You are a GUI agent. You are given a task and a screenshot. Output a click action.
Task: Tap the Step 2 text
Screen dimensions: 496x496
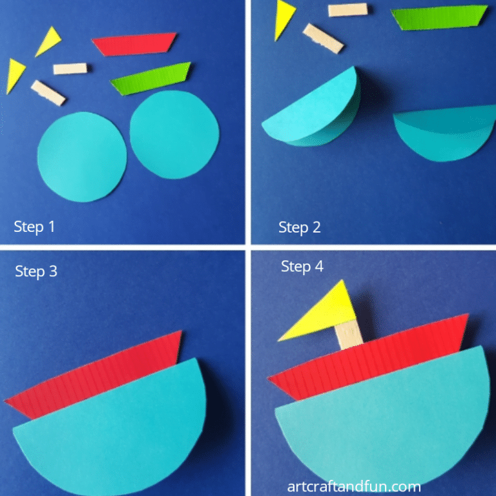(x=300, y=227)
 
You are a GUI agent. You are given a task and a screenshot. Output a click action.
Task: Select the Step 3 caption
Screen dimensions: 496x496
(x=36, y=271)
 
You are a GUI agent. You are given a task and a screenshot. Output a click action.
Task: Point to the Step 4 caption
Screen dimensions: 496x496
(x=302, y=266)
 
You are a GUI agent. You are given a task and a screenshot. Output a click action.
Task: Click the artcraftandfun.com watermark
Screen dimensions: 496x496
(x=354, y=486)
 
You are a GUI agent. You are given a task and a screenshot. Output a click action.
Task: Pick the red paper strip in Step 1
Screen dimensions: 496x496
(x=134, y=44)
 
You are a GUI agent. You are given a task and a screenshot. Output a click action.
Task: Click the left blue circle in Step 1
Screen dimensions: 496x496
(x=81, y=156)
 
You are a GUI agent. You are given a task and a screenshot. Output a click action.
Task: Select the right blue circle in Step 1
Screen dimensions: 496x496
(x=174, y=134)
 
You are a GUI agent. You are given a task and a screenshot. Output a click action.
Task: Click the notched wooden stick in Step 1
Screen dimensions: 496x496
(x=48, y=92)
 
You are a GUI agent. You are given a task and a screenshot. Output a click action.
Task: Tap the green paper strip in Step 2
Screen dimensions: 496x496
(x=439, y=17)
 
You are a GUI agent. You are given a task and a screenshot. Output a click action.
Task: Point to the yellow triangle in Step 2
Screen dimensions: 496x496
(x=284, y=19)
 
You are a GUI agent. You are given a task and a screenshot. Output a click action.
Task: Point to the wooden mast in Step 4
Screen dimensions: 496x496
(x=347, y=336)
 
